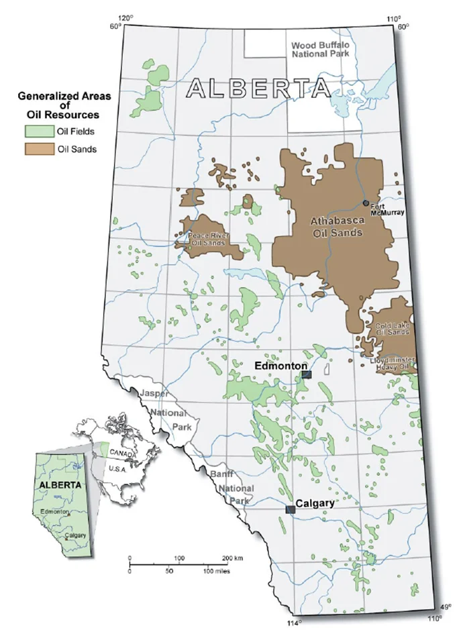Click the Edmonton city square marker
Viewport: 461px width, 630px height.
click(306, 375)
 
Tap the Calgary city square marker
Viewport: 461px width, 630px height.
click(290, 510)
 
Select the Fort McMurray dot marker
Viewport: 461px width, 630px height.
click(366, 203)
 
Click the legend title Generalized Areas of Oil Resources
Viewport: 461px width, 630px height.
click(64, 105)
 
